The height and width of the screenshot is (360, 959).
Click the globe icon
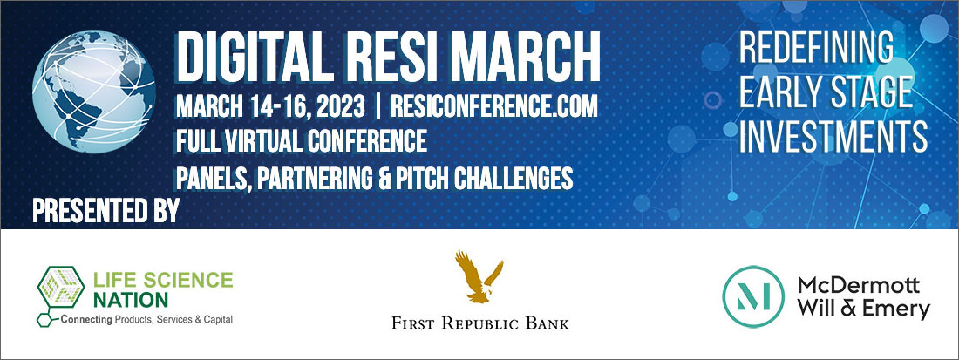coord(93,91)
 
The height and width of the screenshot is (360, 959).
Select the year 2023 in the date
coord(337,107)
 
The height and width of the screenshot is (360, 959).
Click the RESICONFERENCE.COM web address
coord(494,107)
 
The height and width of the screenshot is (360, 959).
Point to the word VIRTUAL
coord(270,142)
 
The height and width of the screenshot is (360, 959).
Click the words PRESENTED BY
coord(105,211)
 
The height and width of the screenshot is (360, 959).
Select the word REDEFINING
coord(817,47)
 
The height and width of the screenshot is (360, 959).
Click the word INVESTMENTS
coord(833,136)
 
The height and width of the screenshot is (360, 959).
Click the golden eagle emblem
coord(479,276)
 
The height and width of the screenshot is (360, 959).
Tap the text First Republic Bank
coord(480,323)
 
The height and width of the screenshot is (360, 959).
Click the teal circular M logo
coord(753,296)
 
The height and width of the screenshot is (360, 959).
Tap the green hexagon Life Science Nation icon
coord(60,288)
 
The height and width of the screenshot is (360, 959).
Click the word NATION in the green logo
coord(130,300)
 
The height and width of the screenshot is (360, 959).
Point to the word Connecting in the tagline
coord(85,320)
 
